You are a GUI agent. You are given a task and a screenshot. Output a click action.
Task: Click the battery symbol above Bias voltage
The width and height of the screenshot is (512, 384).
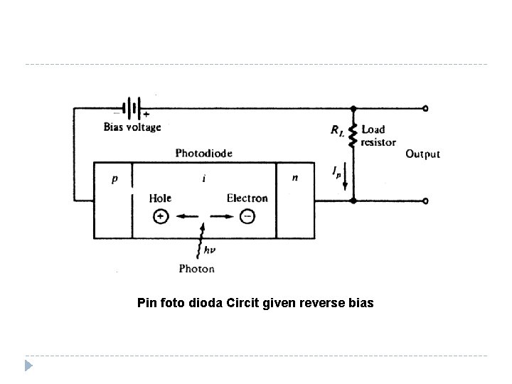coord(132,109)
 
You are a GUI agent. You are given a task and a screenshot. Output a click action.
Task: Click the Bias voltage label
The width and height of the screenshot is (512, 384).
coord(132,127)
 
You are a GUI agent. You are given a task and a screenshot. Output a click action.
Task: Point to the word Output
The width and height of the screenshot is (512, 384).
coord(422,154)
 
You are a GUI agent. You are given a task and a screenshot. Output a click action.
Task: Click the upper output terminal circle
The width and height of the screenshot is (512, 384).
coord(425,109)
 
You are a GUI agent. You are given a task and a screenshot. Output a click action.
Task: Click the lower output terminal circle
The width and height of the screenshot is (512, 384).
coord(425,201)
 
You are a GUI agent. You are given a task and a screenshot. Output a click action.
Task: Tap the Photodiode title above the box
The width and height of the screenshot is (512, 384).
coord(203,153)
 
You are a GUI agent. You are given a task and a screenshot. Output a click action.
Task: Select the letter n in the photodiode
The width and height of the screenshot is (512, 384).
coord(294,178)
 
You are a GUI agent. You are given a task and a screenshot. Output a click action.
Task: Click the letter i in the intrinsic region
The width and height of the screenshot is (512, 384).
coord(205,178)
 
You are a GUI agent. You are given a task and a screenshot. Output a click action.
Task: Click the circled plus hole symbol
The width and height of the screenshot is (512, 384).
coord(161,218)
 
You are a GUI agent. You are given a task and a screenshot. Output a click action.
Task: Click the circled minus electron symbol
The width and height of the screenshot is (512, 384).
coord(247,218)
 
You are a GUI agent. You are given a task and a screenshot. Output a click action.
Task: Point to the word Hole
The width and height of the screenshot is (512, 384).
coord(160,198)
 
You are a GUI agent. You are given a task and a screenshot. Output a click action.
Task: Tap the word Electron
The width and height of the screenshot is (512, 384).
coord(247,198)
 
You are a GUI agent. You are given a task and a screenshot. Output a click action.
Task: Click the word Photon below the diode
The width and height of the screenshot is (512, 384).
coord(197,269)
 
